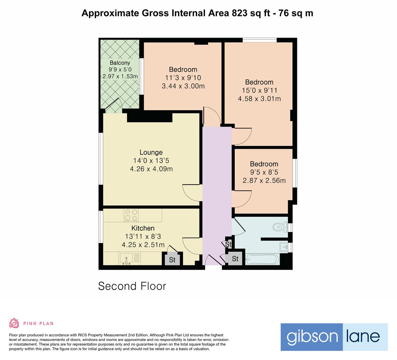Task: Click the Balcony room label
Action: point(120,63)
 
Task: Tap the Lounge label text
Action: point(151,152)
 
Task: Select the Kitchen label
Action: point(143,228)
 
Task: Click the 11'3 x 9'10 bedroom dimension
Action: point(183,78)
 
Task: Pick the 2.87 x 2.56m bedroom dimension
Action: point(264,181)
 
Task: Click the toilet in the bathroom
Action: point(280,227)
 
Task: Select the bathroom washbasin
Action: point(284,247)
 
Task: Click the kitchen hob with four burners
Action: point(131,215)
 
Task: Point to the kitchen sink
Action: point(126,258)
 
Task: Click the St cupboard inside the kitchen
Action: point(172,260)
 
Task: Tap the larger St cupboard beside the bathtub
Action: point(235,259)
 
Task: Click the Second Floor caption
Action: point(132,286)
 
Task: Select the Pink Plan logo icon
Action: point(14,323)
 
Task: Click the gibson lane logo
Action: point(334,337)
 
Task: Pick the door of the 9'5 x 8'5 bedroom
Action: point(242,199)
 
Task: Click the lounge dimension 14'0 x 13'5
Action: point(151,161)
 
